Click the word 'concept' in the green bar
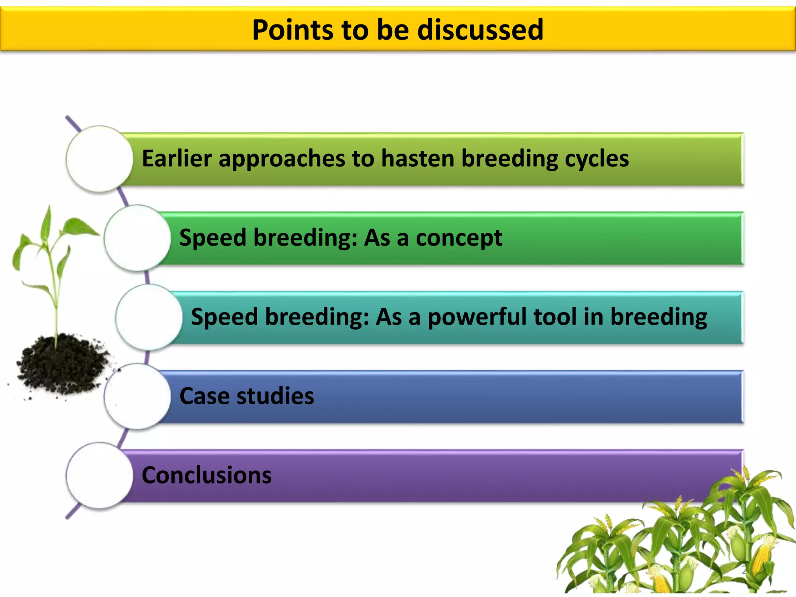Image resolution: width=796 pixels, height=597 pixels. pos(459,238)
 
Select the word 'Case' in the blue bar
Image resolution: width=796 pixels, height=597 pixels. pos(204,396)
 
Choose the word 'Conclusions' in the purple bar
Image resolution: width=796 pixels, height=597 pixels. pos(207,475)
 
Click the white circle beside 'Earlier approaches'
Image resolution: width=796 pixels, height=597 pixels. pos(99,159)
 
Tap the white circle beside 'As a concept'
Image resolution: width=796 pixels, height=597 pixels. pos(137,238)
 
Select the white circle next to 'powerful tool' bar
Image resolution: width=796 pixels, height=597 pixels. pos(149,317)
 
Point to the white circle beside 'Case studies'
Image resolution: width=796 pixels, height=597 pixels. pos(137,396)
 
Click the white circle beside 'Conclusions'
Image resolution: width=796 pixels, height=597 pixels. pos(99,475)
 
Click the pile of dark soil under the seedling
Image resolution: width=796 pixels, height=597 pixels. pos(62,363)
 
